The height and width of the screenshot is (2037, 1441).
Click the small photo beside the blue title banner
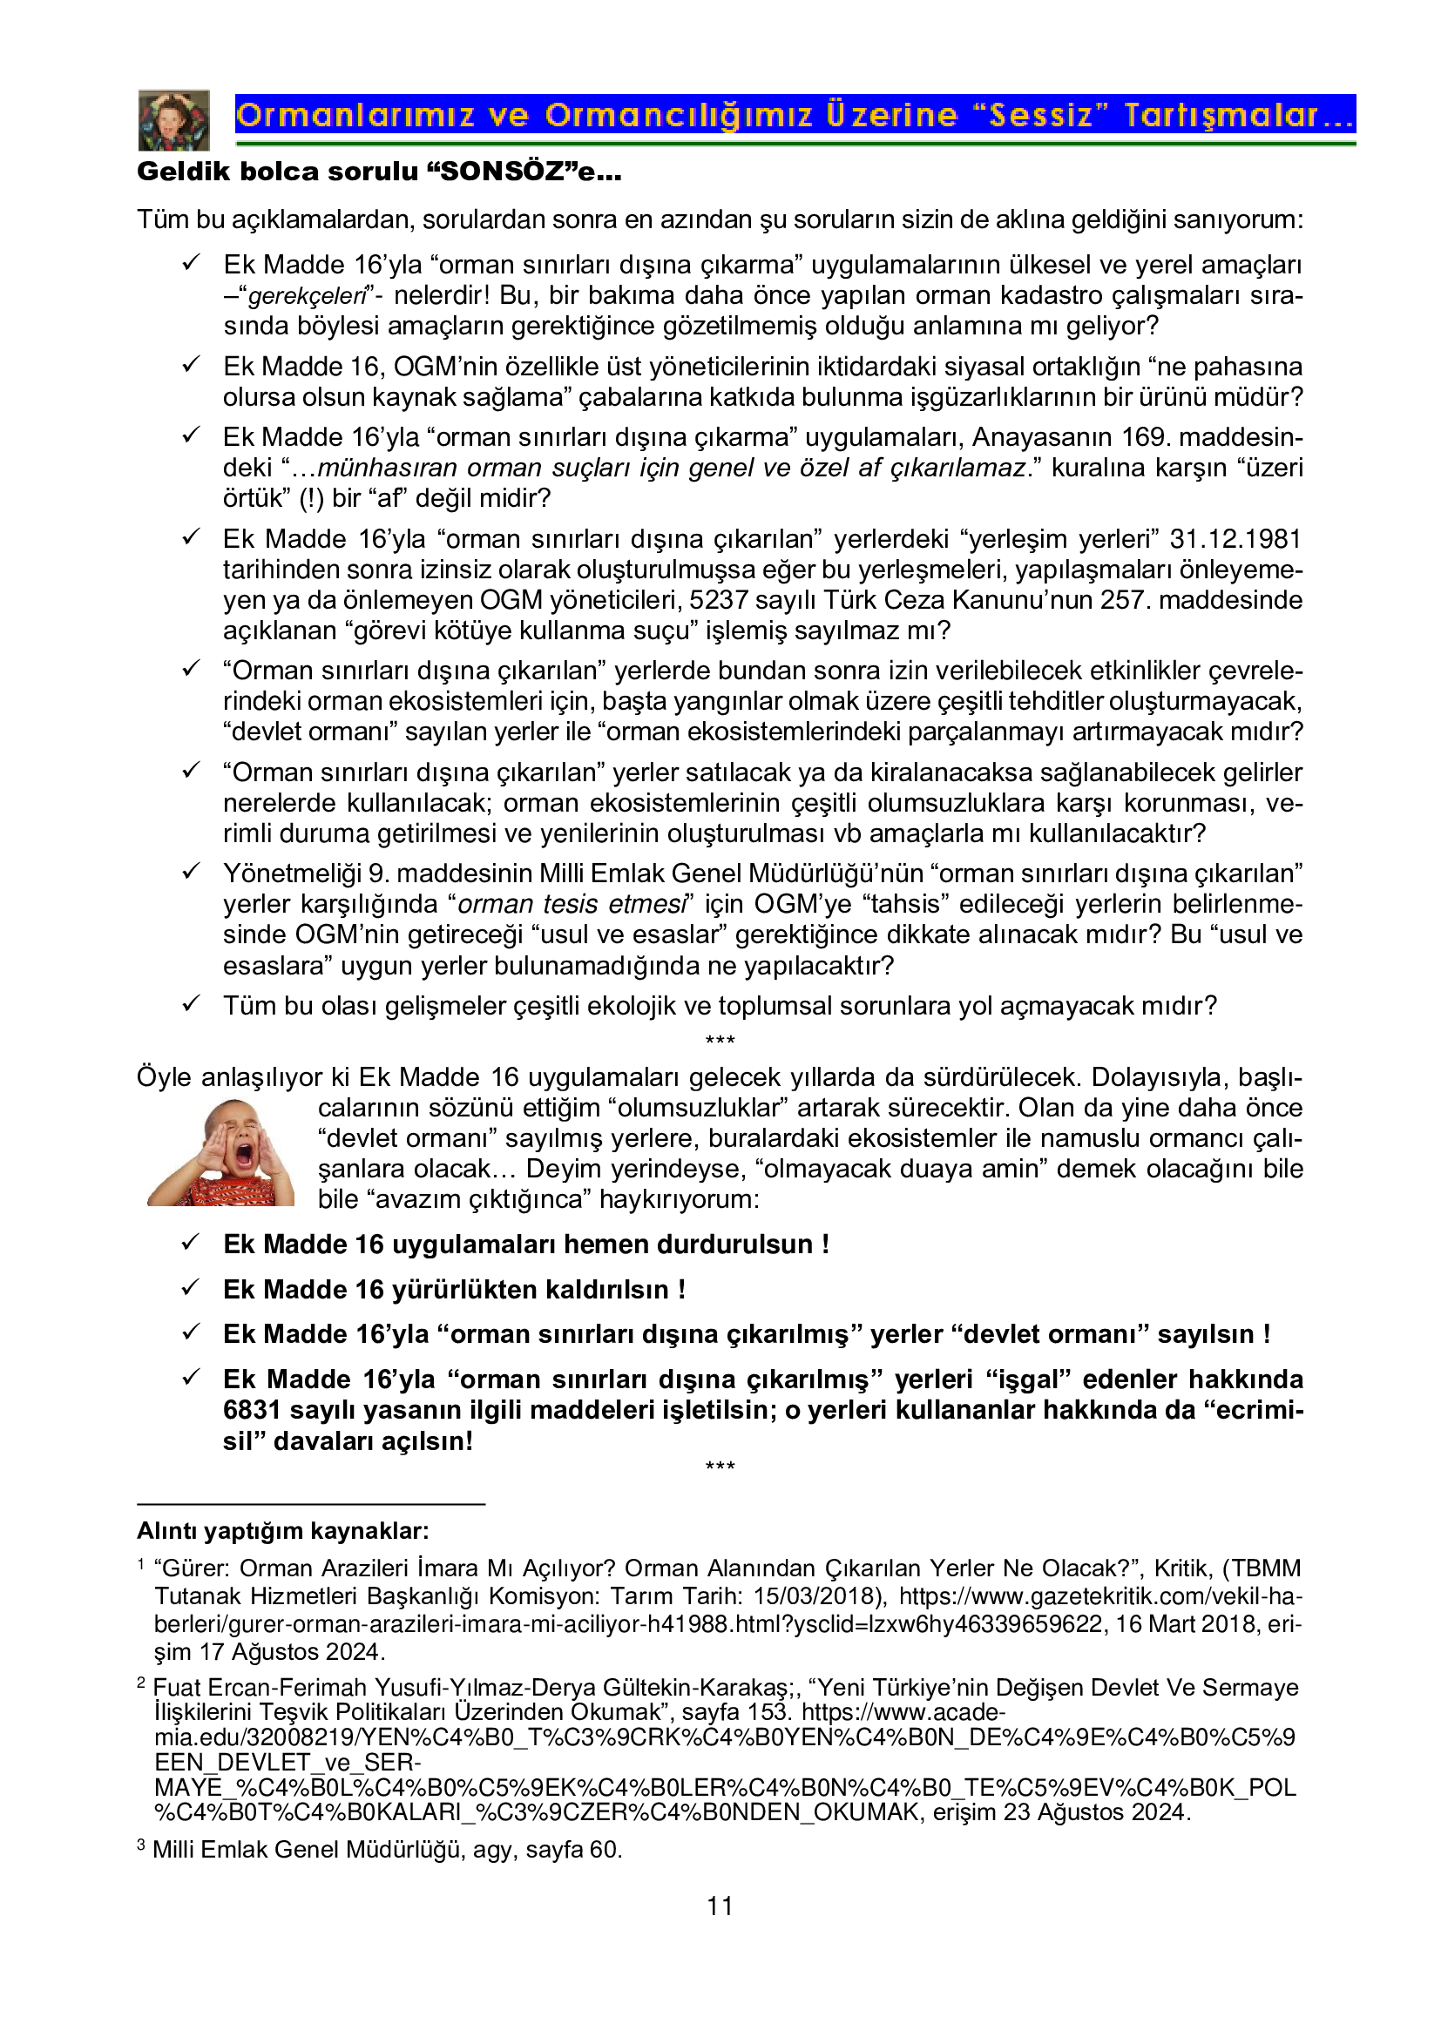pyautogui.click(x=174, y=120)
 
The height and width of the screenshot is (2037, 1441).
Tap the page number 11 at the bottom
pyautogui.click(x=720, y=1905)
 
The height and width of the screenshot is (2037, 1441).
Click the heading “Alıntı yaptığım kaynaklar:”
pyautogui.click(x=283, y=1530)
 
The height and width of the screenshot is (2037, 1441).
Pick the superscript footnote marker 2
pyautogui.click(x=141, y=1683)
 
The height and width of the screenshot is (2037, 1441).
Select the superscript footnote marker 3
pyautogui.click(x=141, y=1845)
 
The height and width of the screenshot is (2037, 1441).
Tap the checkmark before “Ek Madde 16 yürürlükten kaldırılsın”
pyautogui.click(x=191, y=1287)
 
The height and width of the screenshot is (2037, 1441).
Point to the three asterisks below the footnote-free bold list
pyautogui.click(x=720, y=1467)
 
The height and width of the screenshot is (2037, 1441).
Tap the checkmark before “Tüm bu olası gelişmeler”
pyautogui.click(x=191, y=1003)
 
